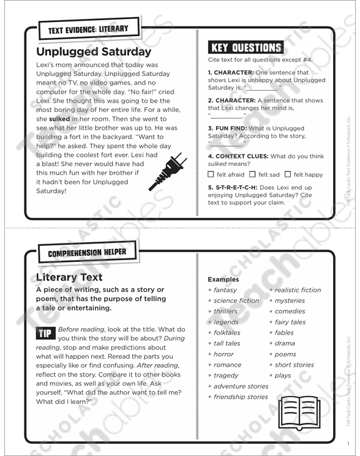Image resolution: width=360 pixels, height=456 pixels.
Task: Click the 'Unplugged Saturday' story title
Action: click(x=93, y=51)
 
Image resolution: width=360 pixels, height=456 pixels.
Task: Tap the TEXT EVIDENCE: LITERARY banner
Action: click(x=84, y=29)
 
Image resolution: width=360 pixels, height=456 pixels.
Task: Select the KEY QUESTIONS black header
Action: click(x=246, y=48)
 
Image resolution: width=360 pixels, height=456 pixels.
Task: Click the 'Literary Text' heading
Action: click(x=69, y=277)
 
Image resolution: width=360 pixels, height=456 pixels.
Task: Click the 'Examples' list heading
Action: click(x=223, y=279)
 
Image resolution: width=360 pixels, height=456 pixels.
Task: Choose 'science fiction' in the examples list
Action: click(x=236, y=301)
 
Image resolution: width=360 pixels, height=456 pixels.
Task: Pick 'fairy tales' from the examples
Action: click(x=290, y=322)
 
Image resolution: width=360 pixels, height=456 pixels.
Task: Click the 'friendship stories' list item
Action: click(x=241, y=397)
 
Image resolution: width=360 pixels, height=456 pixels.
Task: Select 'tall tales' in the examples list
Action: click(x=227, y=343)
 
